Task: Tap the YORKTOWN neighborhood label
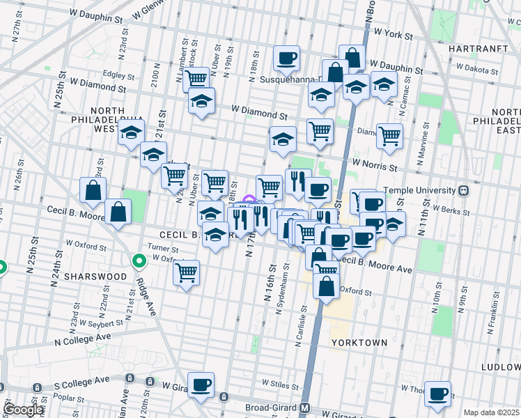359,343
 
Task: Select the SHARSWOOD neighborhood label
95,276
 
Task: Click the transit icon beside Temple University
463,190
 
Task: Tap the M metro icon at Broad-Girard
304,408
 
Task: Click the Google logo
24,410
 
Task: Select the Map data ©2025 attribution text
491,412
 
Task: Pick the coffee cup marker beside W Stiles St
201,385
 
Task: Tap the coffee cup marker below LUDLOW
437,395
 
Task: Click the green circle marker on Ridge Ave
139,261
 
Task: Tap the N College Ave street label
83,339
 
